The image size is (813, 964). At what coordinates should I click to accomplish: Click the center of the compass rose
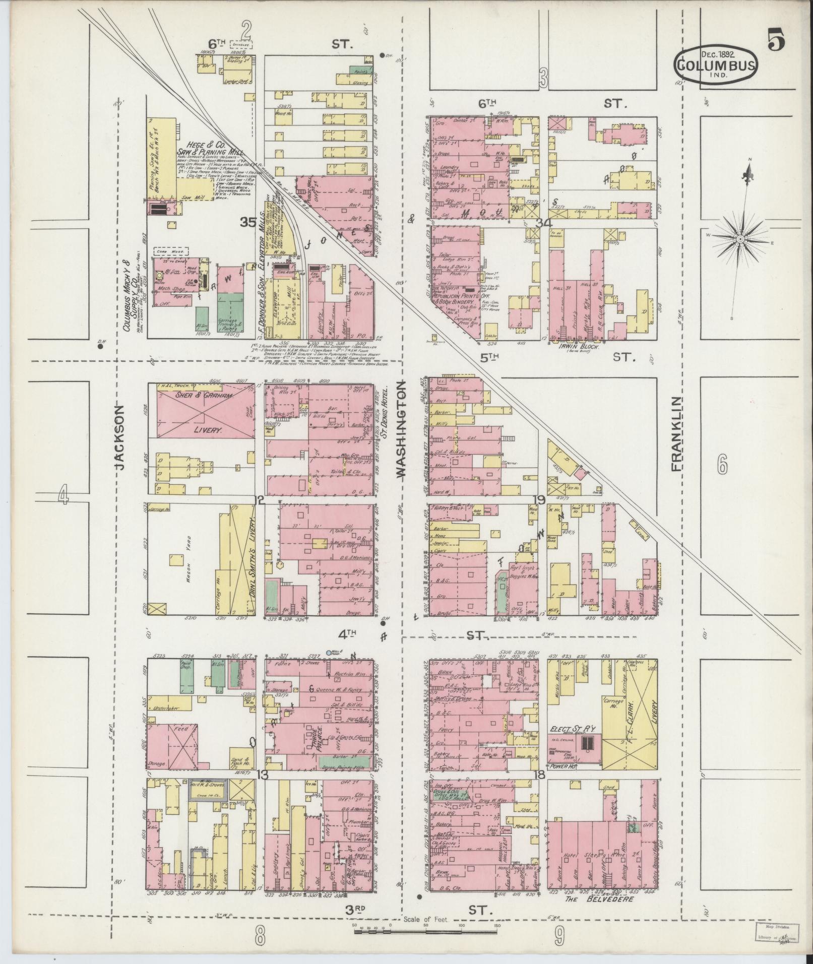click(739, 238)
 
